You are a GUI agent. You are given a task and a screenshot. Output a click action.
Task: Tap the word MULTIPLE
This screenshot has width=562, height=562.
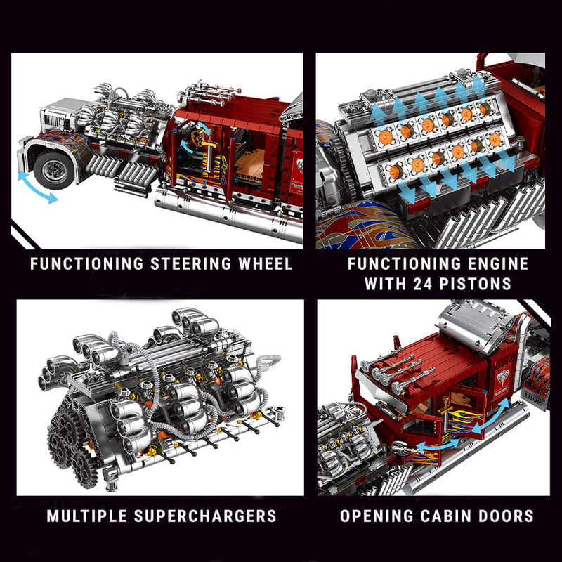pos(90,516)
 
